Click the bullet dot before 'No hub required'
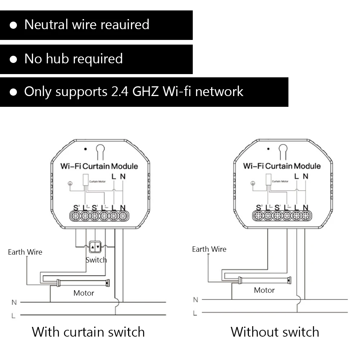point(13,59)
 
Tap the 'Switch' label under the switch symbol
point(96,260)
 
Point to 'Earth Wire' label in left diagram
point(25,252)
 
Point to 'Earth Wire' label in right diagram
point(209,249)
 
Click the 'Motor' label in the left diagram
point(84,293)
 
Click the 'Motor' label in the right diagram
point(264,290)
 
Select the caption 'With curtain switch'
point(88,332)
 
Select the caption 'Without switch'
point(275,332)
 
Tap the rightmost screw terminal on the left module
point(123,216)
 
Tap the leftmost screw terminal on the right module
point(258,216)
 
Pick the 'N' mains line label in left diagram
point(14,302)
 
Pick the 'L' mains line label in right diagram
point(195,313)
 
